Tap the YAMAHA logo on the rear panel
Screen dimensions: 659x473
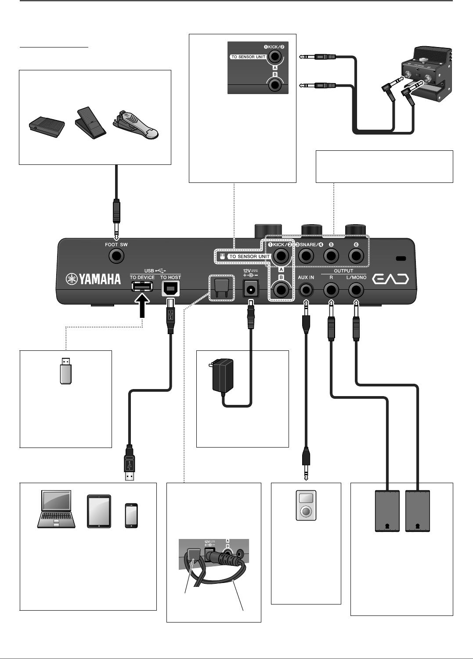click(x=93, y=279)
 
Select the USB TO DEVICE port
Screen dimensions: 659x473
click(x=142, y=287)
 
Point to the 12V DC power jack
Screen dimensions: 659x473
click(x=251, y=289)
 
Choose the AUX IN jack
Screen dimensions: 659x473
click(x=306, y=290)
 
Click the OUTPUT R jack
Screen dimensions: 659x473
click(x=331, y=290)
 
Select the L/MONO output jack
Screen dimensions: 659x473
click(x=356, y=290)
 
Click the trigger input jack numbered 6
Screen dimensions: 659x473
click(x=356, y=255)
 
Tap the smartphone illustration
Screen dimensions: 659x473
click(x=131, y=515)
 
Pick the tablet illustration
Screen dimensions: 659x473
click(x=99, y=511)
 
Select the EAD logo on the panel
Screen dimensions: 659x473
click(x=391, y=279)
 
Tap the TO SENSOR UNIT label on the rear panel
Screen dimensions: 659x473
click(x=249, y=256)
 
